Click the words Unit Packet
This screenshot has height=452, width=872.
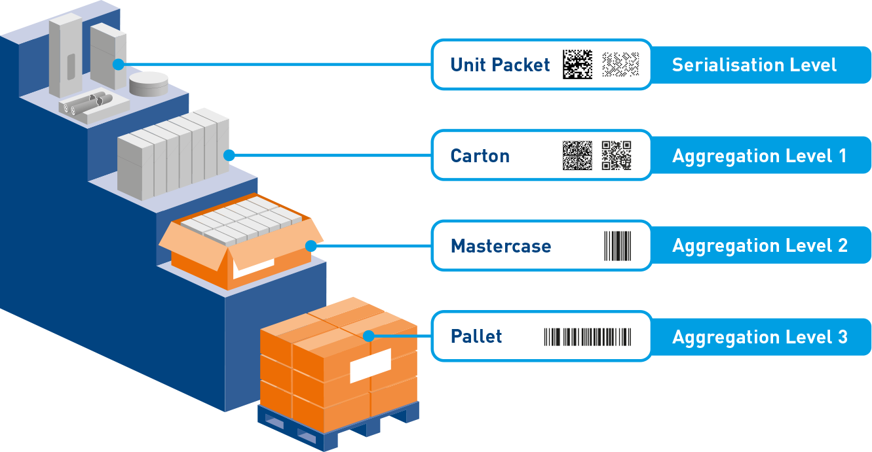500,65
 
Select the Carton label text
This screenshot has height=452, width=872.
480,156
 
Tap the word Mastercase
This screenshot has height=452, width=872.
501,247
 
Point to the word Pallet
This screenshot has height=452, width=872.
476,337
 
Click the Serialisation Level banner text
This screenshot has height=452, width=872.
754,65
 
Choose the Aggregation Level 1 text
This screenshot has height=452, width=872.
759,156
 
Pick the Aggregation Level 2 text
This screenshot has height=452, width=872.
759,246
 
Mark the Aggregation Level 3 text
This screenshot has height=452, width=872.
759,337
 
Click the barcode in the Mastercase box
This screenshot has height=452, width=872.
617,246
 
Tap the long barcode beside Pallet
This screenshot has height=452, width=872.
588,337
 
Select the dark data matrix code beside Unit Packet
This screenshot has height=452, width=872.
577,64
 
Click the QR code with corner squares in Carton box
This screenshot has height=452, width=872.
616,156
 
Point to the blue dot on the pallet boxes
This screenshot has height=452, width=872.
369,336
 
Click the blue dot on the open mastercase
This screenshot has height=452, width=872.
311,246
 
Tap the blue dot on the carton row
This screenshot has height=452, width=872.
229,155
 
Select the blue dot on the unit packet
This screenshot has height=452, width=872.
118,64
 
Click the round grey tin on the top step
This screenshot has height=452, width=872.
148,84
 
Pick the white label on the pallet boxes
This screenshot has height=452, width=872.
370,366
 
